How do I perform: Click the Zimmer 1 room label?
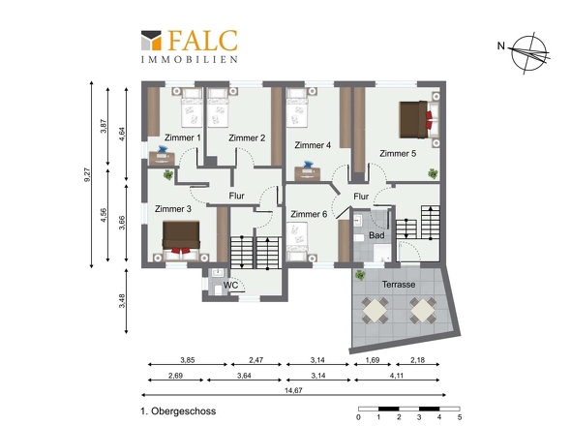coord(183,137)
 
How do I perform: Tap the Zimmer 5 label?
coord(398,153)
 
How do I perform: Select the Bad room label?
coord(376,235)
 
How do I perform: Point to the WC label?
coord(231,285)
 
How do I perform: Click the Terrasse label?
coord(399,285)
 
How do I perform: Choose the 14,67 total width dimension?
coord(293,390)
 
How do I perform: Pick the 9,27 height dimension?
coord(87,174)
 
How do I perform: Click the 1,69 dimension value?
coord(373,360)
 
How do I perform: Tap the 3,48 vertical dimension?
coord(122,301)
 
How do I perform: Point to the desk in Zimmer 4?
coord(308,172)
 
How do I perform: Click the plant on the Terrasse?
coord(360,275)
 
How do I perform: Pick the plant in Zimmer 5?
coord(433,173)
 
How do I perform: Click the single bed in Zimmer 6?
coord(297,242)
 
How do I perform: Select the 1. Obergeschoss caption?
coord(178,411)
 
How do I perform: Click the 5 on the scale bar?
coord(460,417)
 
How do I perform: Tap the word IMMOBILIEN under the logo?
coord(190,59)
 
